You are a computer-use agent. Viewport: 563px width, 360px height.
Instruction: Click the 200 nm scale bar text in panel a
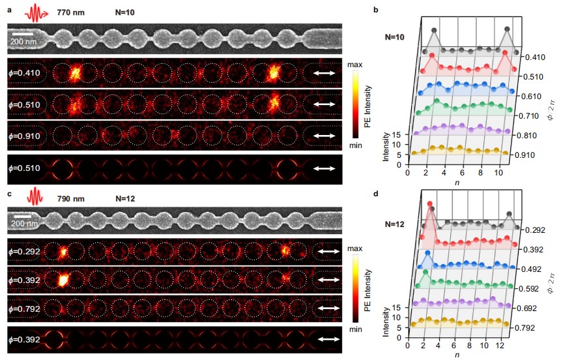click(x=23, y=43)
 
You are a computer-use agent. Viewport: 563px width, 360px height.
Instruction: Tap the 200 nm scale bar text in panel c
click(x=23, y=224)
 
